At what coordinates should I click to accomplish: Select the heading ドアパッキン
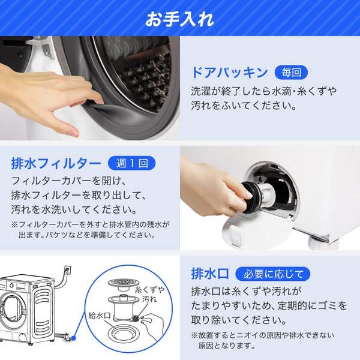pyautogui.click(x=229, y=73)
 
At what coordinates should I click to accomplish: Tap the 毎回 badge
pyautogui.click(x=291, y=73)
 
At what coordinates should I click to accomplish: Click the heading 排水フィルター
pyautogui.click(x=56, y=163)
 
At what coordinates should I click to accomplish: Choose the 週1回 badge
pyautogui.click(x=131, y=163)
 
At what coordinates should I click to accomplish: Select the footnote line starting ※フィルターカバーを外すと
pyautogui.click(x=90, y=225)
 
